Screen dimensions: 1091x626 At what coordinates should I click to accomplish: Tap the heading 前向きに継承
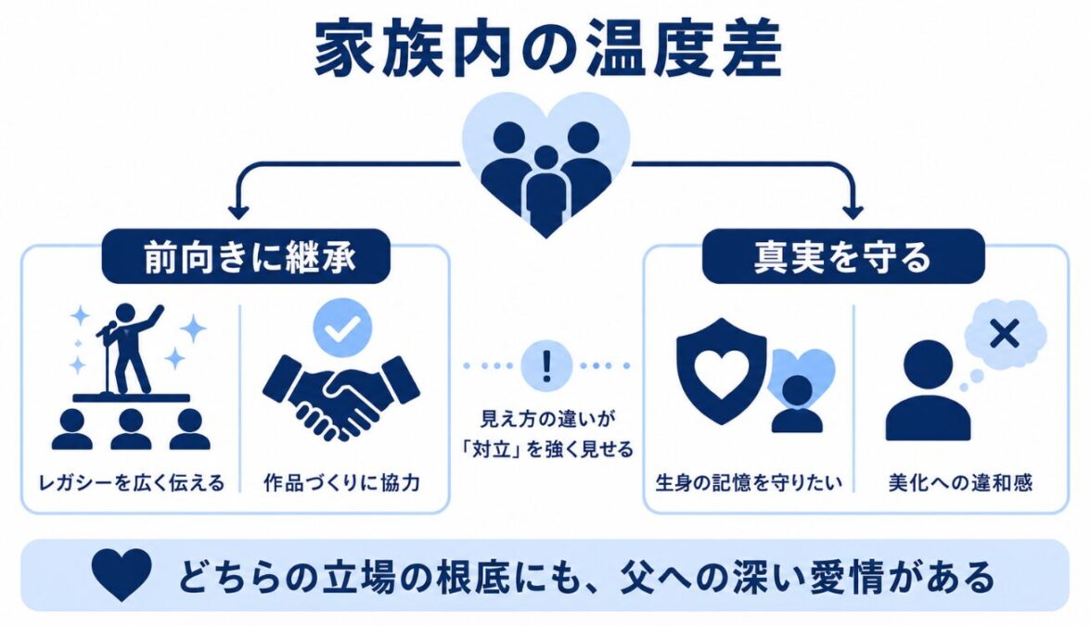point(250,257)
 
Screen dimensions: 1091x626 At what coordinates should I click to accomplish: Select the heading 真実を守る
point(842,257)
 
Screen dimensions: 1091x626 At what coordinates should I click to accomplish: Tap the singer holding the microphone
point(130,348)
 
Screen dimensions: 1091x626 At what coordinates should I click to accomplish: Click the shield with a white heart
point(722,371)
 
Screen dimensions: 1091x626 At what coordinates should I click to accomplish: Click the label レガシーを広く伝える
point(132,482)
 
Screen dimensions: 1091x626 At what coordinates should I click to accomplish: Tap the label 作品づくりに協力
point(341,482)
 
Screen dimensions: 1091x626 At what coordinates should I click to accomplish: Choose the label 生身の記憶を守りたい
point(749,482)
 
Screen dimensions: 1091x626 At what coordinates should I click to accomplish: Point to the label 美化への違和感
point(960,482)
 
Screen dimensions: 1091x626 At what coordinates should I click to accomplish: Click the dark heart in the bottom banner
point(122,575)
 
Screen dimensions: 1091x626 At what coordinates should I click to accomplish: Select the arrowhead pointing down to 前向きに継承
point(238,211)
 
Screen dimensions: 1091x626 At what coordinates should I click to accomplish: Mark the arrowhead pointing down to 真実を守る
point(854,211)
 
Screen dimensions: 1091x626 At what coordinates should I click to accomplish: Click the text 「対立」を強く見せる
point(547,449)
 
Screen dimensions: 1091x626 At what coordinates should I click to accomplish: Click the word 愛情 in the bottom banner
point(827,577)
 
